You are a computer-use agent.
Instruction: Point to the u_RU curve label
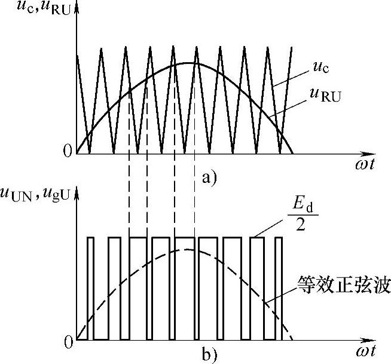click(323, 94)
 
